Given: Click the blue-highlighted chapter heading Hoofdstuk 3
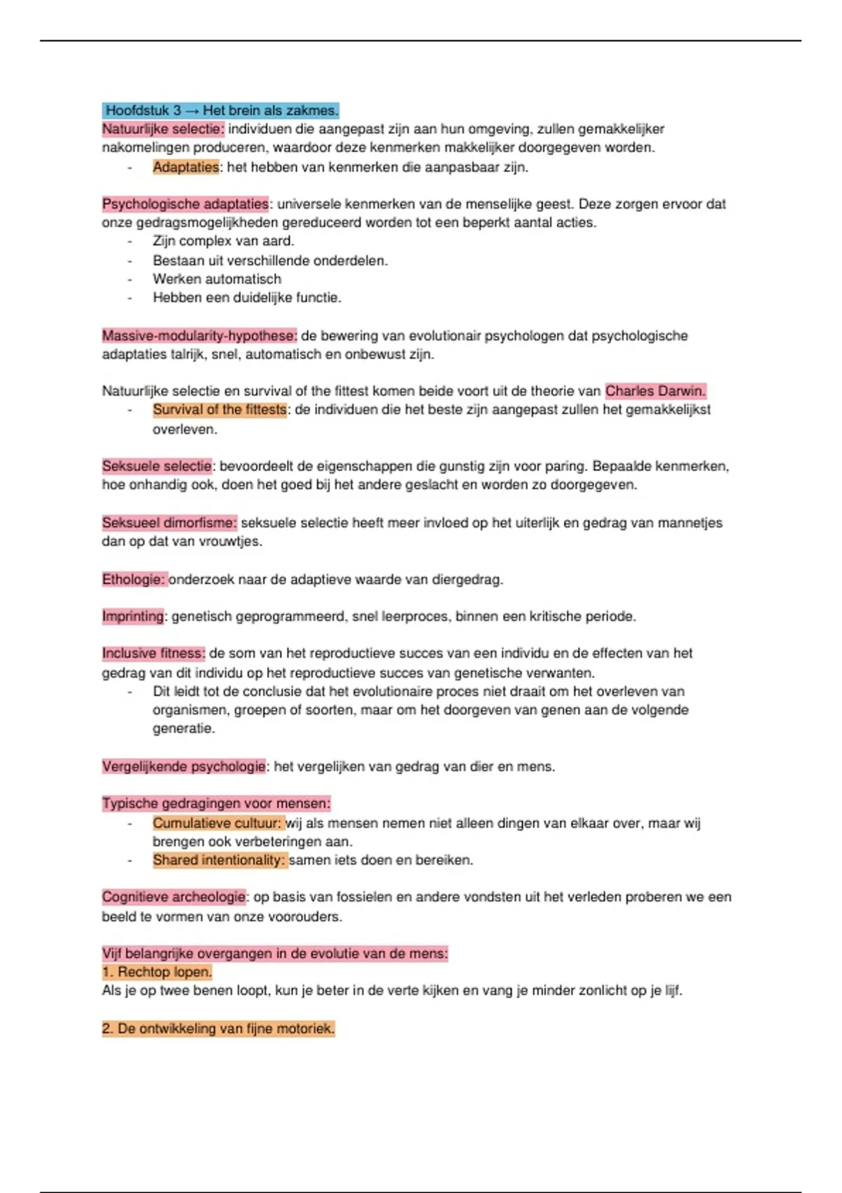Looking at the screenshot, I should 221,110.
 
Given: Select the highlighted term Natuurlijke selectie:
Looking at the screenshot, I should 163,129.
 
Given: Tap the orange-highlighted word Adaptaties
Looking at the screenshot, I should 186,167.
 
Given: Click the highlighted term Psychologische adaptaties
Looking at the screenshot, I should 185,204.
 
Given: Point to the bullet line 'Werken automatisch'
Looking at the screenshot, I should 217,279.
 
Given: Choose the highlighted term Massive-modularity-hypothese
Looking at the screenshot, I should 199,335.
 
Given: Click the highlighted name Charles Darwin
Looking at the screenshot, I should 655,391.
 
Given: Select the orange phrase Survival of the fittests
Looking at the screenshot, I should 220,410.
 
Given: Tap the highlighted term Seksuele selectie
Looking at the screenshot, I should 157,466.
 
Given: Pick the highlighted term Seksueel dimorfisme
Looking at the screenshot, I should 169,523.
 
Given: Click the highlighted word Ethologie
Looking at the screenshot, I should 134,580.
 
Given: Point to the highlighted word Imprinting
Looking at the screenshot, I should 133,616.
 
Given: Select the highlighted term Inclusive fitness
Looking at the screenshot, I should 154,653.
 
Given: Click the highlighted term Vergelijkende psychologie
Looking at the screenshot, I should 184,766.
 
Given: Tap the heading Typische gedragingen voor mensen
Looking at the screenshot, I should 216,804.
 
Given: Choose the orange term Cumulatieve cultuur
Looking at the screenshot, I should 218,823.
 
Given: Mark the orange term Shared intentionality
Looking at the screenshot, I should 220,860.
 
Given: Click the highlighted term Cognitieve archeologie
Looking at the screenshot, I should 174,897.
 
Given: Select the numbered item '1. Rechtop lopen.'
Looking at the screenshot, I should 157,972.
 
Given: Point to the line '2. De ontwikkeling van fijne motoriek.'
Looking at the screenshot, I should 218,1029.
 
